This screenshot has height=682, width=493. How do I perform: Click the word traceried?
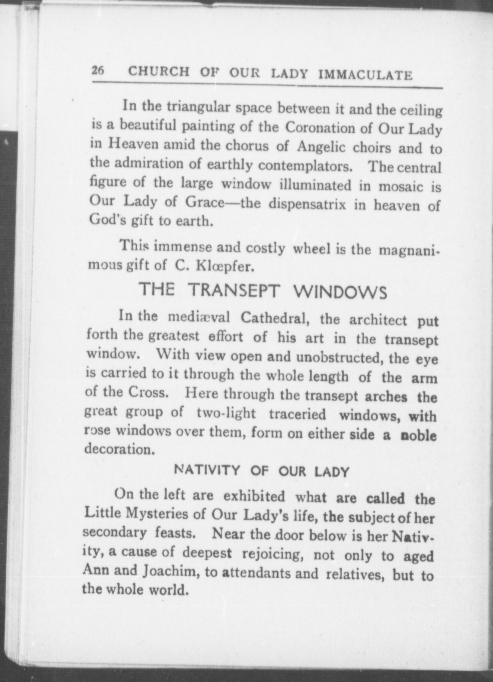coord(297,414)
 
